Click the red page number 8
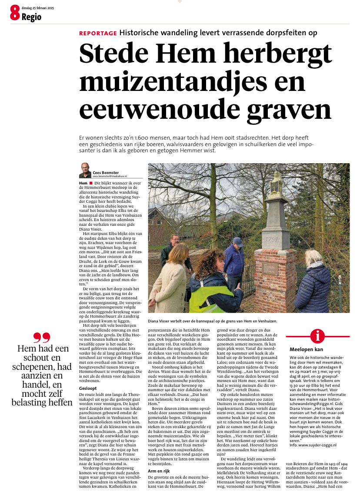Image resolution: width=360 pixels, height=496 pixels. (x=14, y=15)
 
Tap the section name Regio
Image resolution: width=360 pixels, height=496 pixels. (x=31, y=17)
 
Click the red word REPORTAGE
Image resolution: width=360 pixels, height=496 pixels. (x=98, y=33)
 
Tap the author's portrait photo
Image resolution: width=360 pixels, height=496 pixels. (x=85, y=170)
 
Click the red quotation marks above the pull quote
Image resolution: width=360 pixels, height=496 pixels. (x=42, y=338)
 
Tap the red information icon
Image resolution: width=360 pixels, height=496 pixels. (x=318, y=336)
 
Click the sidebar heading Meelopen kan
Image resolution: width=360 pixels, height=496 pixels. (x=306, y=349)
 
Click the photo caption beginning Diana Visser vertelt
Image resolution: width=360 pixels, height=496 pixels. (x=212, y=321)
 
